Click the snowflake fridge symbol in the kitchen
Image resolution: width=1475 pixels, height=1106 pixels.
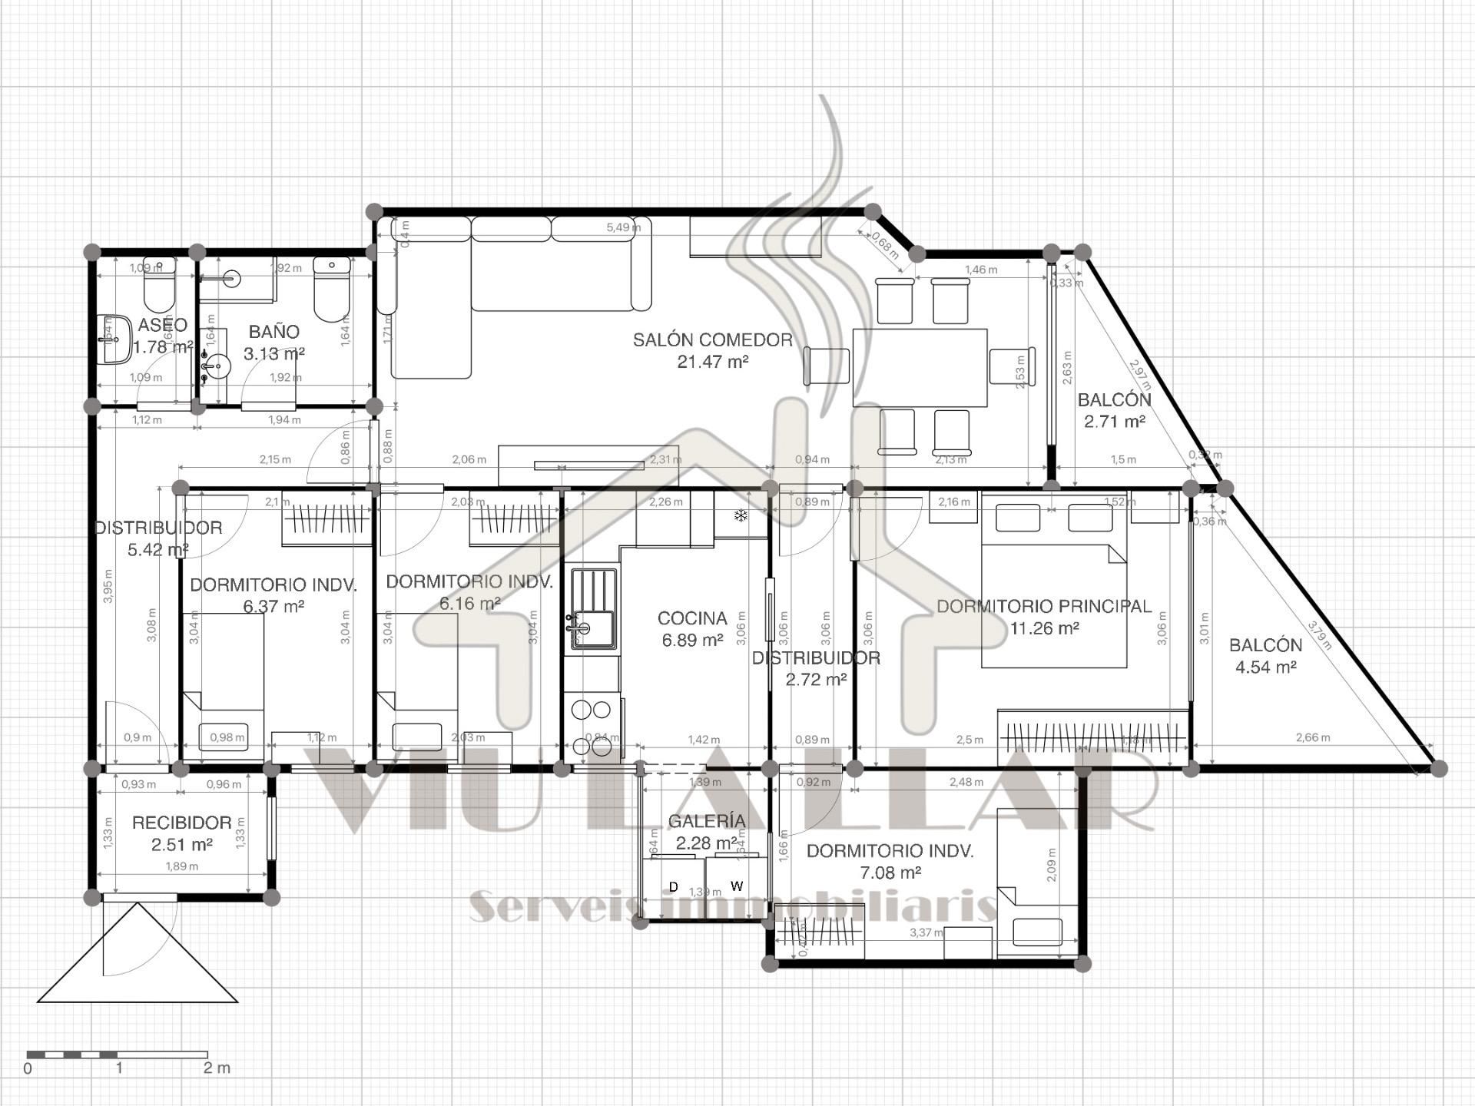741,516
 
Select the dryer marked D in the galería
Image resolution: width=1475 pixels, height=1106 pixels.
674,887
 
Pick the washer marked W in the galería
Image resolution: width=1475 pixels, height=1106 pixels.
736,886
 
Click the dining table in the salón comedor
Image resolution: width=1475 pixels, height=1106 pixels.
920,367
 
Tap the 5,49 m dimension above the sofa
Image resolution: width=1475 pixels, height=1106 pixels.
622,227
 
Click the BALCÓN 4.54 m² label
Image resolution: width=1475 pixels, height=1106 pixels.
1265,656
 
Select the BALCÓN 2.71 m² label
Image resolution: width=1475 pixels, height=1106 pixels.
1114,410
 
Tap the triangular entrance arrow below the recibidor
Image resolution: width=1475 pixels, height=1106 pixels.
138,956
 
